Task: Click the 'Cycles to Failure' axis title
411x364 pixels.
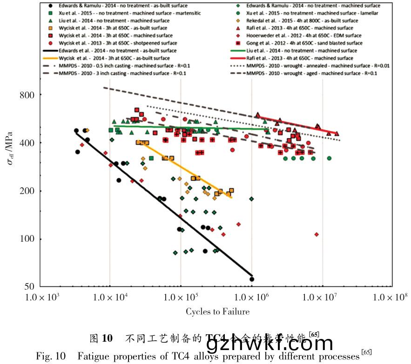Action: click(217, 311)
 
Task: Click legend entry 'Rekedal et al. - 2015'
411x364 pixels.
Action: click(300, 21)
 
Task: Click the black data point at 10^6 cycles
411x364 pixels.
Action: click(252, 279)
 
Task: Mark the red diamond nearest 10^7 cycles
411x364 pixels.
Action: click(317, 234)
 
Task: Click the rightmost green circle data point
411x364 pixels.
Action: click(329, 158)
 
